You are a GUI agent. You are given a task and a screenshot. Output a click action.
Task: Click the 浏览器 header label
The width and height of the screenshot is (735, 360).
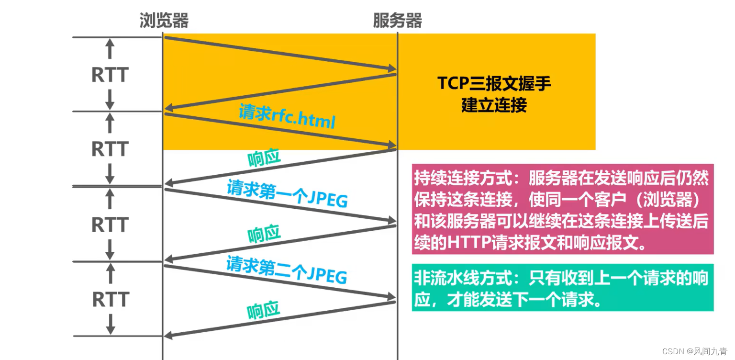164,21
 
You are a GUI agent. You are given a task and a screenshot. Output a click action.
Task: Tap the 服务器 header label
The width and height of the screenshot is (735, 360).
397,21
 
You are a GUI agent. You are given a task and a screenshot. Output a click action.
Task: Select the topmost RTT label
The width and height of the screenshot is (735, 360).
110,75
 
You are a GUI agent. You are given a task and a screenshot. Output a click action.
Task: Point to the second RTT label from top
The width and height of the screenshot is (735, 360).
110,149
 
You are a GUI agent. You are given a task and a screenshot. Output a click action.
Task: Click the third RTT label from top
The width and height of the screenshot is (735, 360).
110,225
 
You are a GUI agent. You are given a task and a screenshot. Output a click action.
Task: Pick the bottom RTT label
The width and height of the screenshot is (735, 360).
110,299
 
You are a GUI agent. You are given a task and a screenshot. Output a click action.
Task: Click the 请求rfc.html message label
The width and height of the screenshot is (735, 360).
287,116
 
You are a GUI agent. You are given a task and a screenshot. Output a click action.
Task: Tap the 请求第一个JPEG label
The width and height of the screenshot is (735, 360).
287,193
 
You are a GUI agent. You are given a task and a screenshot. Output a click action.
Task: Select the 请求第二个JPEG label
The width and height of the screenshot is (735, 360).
287,270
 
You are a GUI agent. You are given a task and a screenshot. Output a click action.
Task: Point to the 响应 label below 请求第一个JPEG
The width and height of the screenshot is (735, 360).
264,234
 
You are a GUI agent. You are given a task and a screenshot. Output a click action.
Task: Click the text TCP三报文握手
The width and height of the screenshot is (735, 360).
494,84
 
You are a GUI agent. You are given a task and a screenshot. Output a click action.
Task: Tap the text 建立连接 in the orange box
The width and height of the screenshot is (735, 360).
494,105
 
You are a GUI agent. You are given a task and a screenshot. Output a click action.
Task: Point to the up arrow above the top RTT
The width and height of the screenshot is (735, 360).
110,48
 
